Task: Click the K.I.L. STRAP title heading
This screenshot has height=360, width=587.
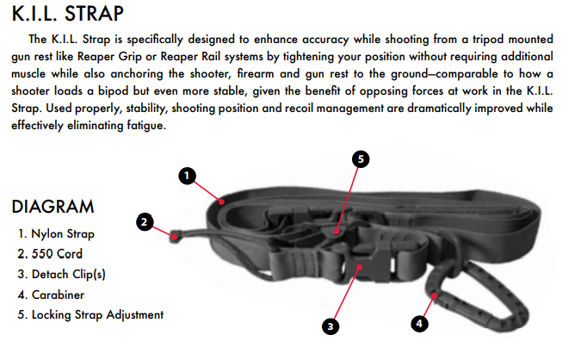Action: [68, 14]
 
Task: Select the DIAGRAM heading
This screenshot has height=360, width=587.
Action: [53, 207]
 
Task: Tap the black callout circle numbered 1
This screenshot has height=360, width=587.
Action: [187, 176]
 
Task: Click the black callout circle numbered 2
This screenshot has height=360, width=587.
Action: [145, 222]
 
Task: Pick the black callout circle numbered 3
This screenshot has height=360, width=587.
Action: [331, 326]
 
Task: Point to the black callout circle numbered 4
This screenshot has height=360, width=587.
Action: [419, 324]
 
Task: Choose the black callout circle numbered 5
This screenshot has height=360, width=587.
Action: [361, 159]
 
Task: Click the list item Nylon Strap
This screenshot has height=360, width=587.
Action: [56, 233]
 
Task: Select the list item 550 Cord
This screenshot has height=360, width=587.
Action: [50, 254]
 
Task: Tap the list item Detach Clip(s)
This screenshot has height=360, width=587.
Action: [61, 274]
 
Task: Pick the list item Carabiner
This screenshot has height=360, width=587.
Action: [51, 295]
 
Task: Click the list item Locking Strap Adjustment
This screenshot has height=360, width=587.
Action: [90, 314]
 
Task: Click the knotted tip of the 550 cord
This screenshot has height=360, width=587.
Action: [174, 236]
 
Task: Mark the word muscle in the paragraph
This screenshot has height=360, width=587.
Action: [28, 73]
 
